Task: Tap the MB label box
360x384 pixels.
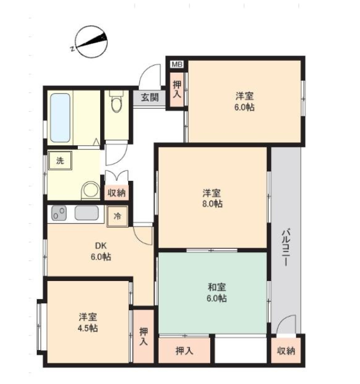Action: pos(176,63)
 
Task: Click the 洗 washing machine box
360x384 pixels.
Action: pos(60,160)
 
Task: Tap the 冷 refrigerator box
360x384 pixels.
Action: pos(117,215)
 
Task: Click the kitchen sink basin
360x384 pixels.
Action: pos(85,214)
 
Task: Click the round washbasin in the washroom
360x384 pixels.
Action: pos(90,189)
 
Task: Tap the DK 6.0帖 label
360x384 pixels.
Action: pos(101,252)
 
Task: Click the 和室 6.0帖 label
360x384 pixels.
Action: pos(217,292)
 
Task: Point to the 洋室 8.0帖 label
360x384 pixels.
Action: pos(212,198)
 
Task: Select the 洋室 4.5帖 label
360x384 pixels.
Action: pos(88,323)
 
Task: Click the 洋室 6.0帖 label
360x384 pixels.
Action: pos(245,101)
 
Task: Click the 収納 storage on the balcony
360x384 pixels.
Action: pos(286,351)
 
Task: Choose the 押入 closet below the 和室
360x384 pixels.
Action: pos(184,351)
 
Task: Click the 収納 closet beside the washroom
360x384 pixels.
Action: pos(116,193)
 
